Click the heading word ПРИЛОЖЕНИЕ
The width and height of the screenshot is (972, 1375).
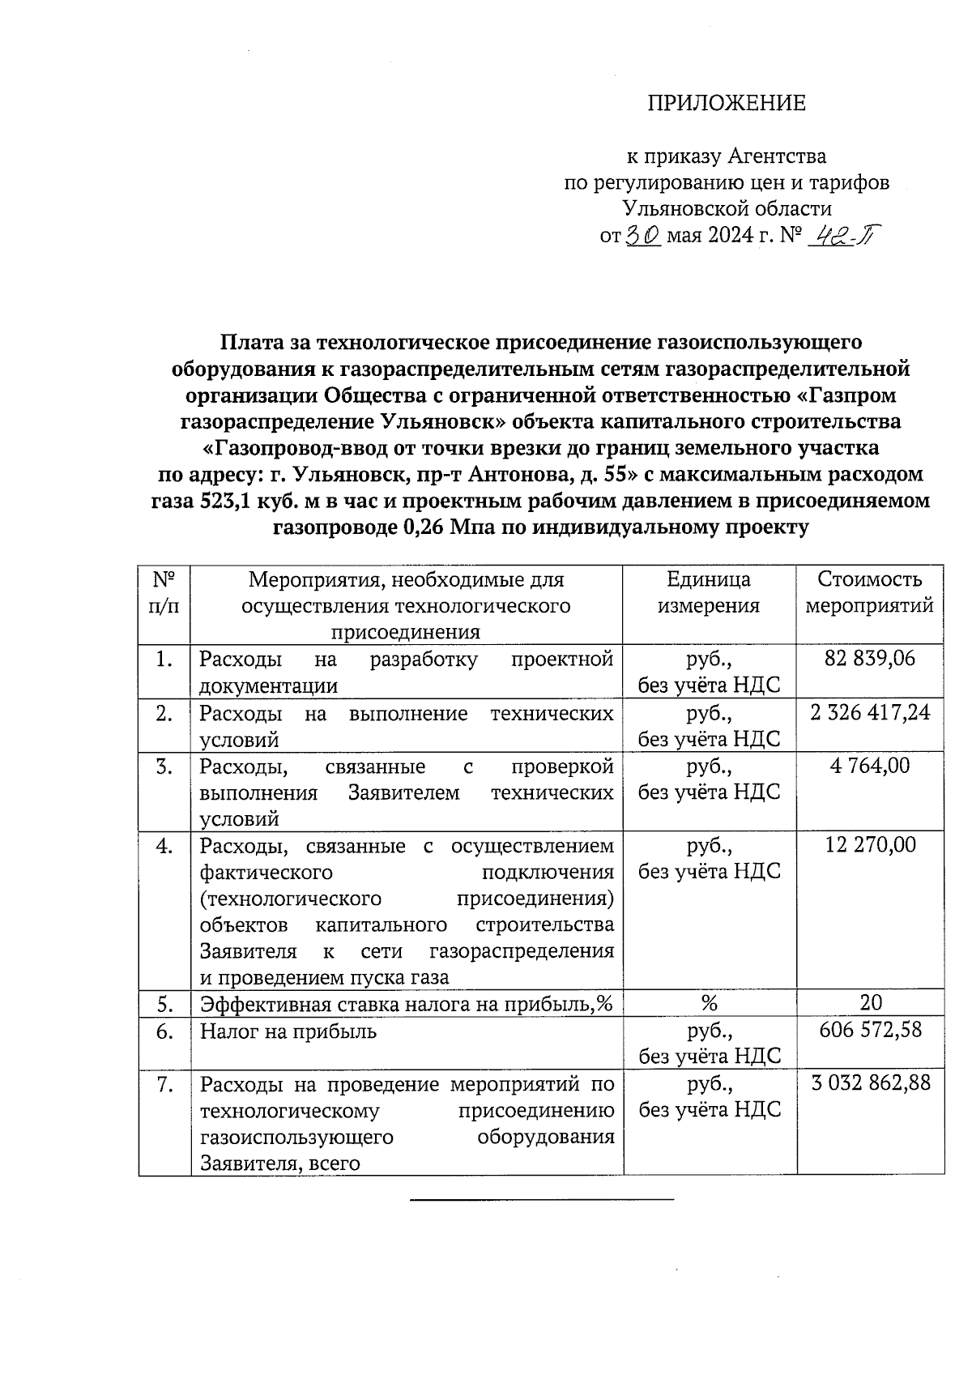click(726, 103)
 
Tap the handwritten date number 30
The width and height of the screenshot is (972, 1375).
click(645, 235)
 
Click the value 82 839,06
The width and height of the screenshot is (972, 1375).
click(870, 658)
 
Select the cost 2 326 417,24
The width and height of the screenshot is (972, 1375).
click(870, 712)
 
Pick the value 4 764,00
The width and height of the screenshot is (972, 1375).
click(870, 765)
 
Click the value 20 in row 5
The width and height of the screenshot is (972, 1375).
click(871, 1002)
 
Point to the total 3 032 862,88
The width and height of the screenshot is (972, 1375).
click(870, 1083)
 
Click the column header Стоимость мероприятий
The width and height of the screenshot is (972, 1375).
click(870, 592)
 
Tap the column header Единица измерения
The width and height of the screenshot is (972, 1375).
click(708, 592)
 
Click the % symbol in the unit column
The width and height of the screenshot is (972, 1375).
click(709, 1003)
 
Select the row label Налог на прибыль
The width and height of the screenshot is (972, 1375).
click(288, 1031)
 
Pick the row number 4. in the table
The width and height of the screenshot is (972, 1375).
click(164, 845)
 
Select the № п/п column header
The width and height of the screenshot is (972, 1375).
click(164, 592)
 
